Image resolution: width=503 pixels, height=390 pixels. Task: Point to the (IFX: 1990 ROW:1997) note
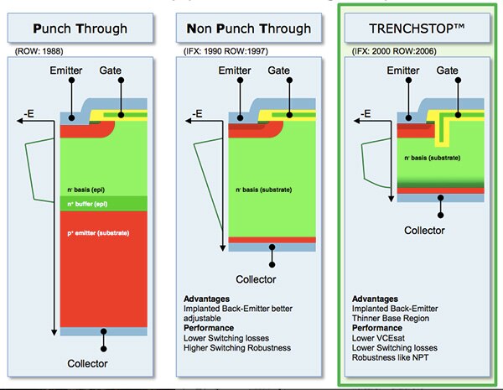pyautogui.click(x=221, y=51)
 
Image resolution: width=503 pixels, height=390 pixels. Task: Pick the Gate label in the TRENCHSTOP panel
pyautogui.click(x=451, y=74)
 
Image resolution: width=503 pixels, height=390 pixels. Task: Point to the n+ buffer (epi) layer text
pyautogui.click(x=91, y=203)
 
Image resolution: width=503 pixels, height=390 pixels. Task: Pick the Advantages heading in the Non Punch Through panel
pyautogui.click(x=206, y=299)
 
